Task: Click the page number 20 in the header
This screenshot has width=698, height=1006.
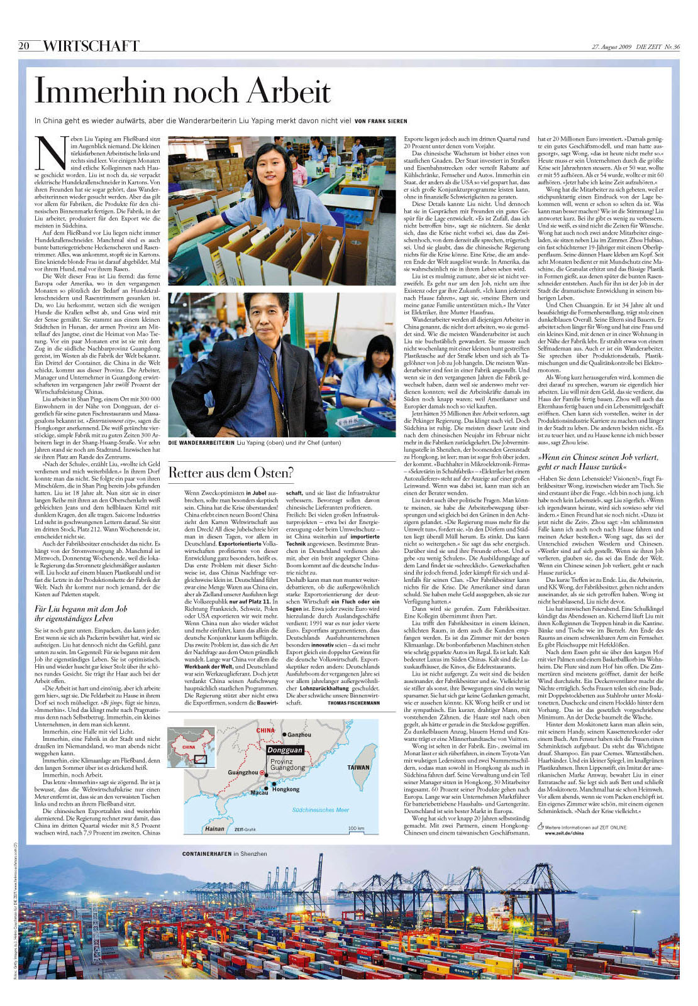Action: [25, 45]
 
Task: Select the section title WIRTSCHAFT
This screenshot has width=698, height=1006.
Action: [91, 46]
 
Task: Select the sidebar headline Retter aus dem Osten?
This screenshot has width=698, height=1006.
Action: [231, 473]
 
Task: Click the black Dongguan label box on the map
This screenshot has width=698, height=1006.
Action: [284, 750]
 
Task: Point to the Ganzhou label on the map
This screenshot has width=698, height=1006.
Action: [299, 735]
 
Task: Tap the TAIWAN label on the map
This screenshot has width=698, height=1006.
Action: [358, 767]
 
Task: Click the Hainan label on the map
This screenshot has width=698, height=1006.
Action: [214, 828]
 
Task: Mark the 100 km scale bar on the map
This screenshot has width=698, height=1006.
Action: [356, 829]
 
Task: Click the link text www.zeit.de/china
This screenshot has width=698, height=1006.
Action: [564, 833]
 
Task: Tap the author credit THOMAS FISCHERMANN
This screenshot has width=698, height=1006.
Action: [353, 703]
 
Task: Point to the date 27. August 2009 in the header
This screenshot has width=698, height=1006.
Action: [612, 46]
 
